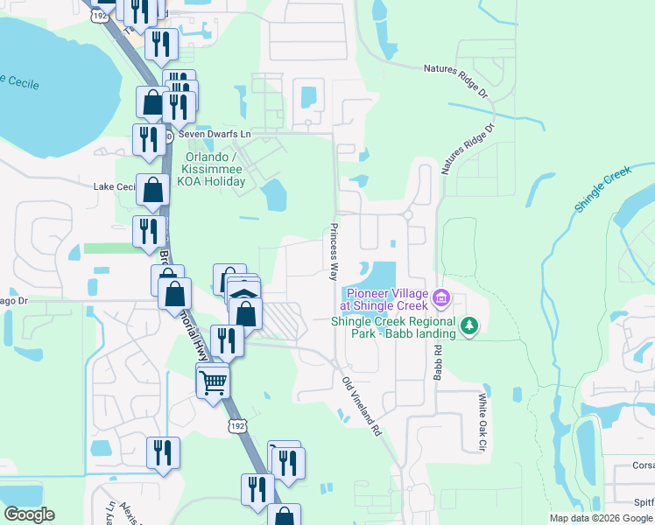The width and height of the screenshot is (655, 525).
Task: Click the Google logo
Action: click(x=29, y=514)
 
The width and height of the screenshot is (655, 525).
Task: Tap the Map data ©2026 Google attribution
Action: click(x=601, y=518)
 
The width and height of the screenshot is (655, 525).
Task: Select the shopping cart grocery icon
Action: click(x=214, y=381)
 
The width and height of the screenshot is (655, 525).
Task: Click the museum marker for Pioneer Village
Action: click(x=441, y=299)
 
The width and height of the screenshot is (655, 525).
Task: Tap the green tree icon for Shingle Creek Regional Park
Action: click(x=470, y=325)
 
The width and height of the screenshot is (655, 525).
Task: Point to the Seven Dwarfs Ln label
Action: click(x=215, y=134)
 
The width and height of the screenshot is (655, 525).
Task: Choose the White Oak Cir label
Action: click(x=482, y=422)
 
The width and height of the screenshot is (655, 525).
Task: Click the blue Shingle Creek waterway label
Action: click(x=603, y=188)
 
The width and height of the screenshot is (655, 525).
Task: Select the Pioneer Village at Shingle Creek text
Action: click(x=387, y=299)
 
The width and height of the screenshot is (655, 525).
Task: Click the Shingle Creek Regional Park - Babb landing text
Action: click(x=393, y=327)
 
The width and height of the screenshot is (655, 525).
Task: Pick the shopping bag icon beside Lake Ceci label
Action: click(x=153, y=189)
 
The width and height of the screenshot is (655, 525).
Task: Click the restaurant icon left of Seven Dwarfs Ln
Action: click(x=145, y=138)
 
